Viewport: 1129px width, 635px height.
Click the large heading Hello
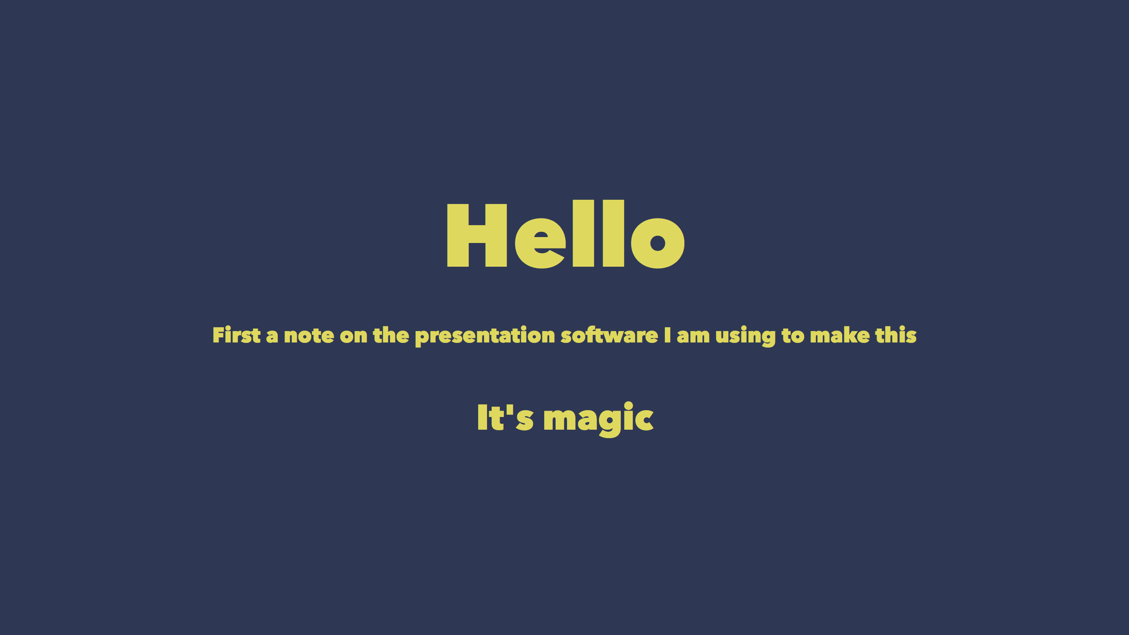[565, 234]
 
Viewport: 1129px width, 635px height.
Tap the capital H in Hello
[477, 235]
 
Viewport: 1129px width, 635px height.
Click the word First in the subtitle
[237, 335]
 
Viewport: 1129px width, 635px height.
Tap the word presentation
[485, 336]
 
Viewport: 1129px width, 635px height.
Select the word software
[609, 335]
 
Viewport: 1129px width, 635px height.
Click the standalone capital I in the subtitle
[667, 335]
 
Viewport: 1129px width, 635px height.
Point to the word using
[745, 337]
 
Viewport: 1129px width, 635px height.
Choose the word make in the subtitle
[840, 335]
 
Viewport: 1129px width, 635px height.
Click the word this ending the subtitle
[896, 335]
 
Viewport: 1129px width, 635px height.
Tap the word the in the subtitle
[391, 335]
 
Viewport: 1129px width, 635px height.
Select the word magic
[598, 419]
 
